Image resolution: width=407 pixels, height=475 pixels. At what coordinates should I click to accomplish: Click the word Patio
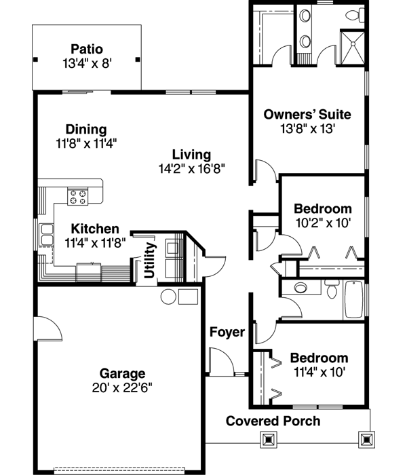click(86, 49)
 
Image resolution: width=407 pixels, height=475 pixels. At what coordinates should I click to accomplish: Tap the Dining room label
click(85, 129)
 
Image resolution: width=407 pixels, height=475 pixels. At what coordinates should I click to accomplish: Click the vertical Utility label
click(149, 261)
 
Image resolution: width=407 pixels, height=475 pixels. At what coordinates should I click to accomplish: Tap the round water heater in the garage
click(168, 296)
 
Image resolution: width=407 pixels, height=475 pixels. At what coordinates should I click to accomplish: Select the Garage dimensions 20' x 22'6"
click(123, 387)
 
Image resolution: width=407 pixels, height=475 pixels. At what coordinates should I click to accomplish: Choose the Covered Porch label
click(273, 421)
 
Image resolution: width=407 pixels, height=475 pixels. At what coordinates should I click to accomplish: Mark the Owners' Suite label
click(307, 114)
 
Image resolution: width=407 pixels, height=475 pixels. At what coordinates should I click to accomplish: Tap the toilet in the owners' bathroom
click(353, 15)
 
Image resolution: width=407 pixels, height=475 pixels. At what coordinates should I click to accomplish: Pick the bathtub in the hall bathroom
click(353, 298)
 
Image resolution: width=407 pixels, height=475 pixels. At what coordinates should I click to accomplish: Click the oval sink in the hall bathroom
click(298, 290)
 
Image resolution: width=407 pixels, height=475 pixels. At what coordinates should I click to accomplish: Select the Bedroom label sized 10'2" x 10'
click(322, 209)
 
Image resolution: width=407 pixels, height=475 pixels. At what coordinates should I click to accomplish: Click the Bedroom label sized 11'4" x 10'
click(319, 358)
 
